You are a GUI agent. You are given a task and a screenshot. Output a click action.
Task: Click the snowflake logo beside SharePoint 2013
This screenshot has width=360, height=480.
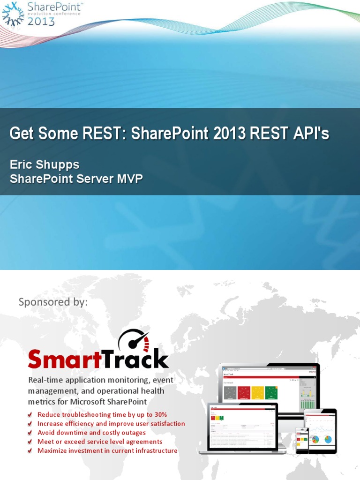(x=13, y=14)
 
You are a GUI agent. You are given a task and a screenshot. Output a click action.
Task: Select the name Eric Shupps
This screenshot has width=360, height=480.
(x=45, y=165)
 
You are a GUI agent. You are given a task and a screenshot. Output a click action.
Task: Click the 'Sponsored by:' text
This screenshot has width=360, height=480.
(x=53, y=302)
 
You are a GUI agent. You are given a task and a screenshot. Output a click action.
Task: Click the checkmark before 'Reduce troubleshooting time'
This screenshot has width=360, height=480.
(x=30, y=415)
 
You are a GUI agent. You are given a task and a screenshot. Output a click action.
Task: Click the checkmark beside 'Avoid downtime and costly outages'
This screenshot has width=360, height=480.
(x=30, y=433)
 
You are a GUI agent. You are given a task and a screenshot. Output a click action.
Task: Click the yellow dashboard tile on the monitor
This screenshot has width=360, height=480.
(x=257, y=393)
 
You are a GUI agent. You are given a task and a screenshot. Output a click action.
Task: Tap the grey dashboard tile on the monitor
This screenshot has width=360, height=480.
(x=230, y=393)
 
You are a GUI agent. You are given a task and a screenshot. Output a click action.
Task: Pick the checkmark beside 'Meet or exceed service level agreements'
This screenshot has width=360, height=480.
(x=30, y=442)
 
